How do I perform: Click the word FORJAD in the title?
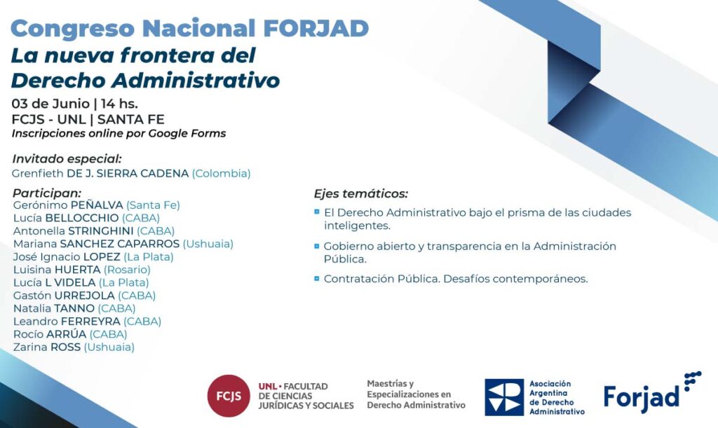point(316,28)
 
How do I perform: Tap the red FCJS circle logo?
point(229,396)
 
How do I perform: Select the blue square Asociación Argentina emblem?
point(504,397)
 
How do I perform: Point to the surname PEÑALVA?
point(97,205)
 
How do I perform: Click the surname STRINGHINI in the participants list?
point(101,231)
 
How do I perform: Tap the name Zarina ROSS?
point(47,347)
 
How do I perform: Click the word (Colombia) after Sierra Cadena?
point(221,174)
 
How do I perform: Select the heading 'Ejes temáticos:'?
point(361,194)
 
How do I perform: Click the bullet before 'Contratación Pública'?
point(316,278)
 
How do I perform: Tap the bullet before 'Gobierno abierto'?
point(316,246)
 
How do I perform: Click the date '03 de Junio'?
point(50,104)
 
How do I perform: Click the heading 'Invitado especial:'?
point(67,159)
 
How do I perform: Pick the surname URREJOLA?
point(84,296)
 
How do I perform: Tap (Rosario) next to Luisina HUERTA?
point(127,270)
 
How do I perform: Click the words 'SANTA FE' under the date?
point(131,119)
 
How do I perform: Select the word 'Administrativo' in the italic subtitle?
point(196,81)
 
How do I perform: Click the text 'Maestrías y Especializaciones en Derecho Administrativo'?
point(416,394)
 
